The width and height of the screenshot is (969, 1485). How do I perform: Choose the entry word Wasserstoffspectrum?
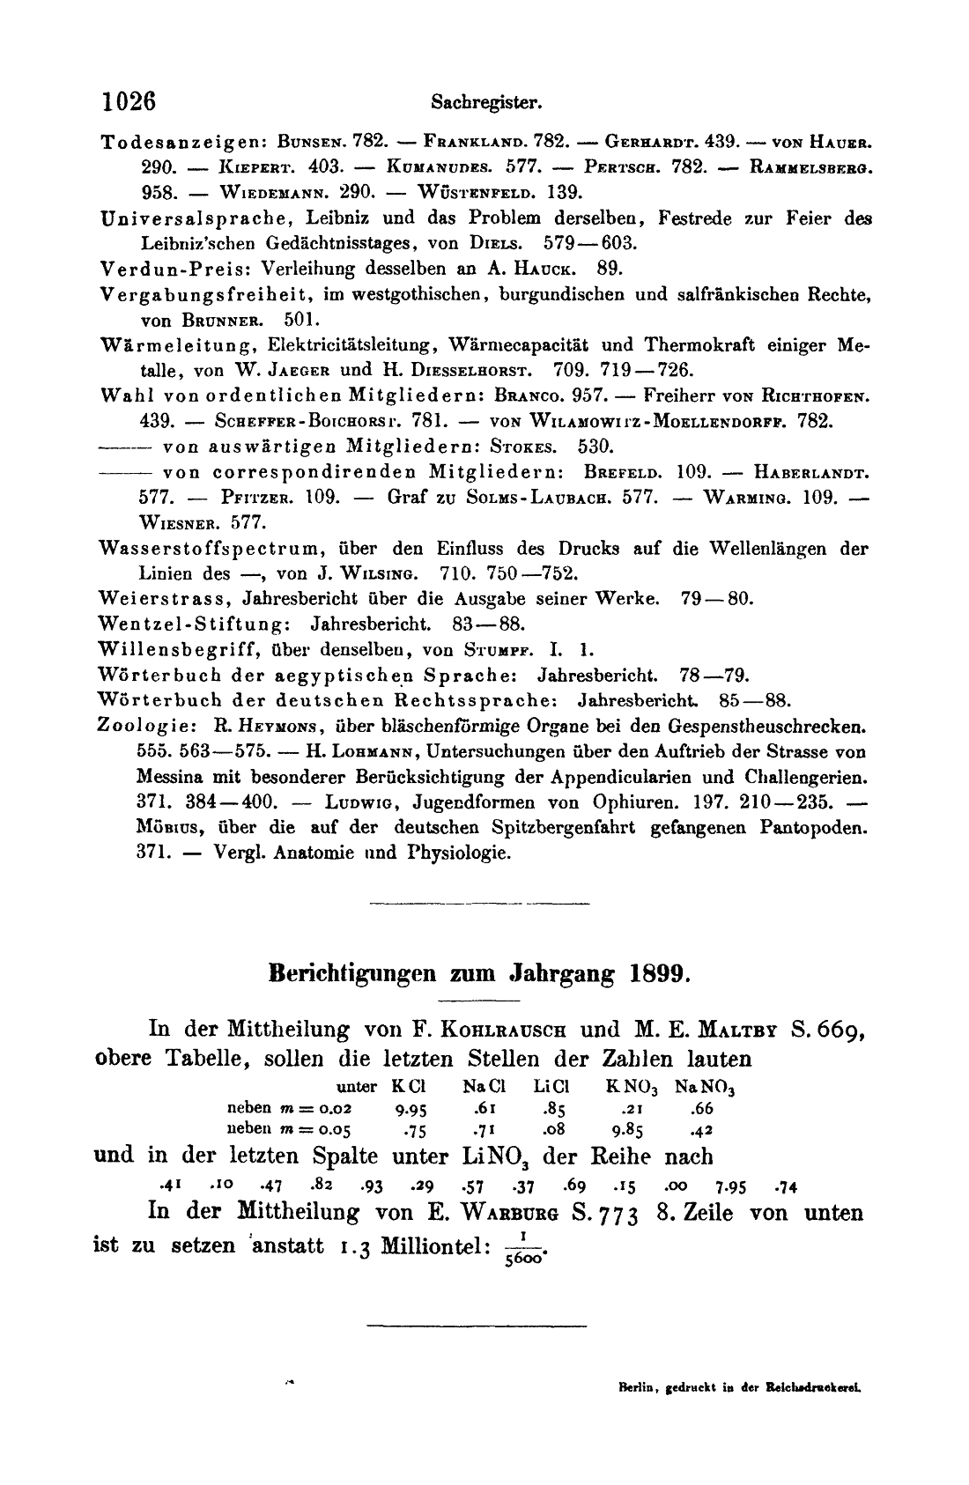(189, 548)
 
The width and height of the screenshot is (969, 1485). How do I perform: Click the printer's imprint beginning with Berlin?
(739, 1385)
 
